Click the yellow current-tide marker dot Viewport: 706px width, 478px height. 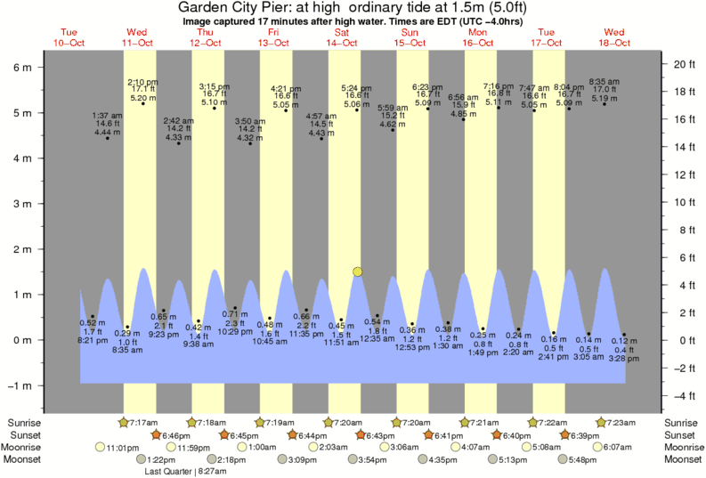pyautogui.click(x=357, y=271)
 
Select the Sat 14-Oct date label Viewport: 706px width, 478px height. pyautogui.click(x=342, y=37)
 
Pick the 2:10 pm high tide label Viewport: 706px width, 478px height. pyautogui.click(x=142, y=82)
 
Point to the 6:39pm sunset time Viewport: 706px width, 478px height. pyautogui.click(x=585, y=434)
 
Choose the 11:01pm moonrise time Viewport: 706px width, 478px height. pyautogui.click(x=120, y=447)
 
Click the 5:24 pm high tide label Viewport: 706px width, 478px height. pyautogui.click(x=357, y=88)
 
